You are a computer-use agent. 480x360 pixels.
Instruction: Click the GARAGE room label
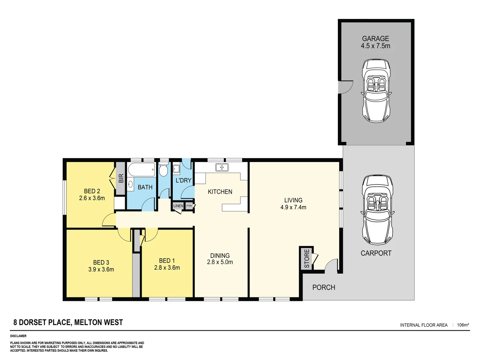click(x=375, y=39)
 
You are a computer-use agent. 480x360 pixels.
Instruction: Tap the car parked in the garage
click(x=376, y=91)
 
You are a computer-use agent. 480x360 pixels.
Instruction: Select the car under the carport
click(x=377, y=210)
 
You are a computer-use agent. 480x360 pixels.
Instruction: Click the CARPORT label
click(x=376, y=253)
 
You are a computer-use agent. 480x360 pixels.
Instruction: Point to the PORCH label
click(x=324, y=287)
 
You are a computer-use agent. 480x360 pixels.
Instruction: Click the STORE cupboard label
click(x=307, y=258)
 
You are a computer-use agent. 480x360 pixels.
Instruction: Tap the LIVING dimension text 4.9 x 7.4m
click(x=293, y=207)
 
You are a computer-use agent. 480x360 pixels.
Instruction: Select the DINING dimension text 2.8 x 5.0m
click(x=220, y=262)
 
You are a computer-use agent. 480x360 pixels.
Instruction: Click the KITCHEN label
click(x=220, y=192)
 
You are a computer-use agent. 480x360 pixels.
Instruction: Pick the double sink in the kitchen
click(x=222, y=167)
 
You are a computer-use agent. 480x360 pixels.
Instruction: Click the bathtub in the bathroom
click(x=142, y=170)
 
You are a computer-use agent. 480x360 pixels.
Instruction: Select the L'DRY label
click(x=183, y=180)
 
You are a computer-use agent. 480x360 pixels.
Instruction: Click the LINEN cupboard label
click(x=178, y=206)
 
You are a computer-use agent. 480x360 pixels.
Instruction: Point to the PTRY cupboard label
click(x=189, y=206)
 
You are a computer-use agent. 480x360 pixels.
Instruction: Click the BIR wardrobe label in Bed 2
click(x=121, y=178)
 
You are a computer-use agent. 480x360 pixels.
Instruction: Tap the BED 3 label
click(x=101, y=262)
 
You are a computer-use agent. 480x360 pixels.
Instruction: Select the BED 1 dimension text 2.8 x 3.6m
click(x=167, y=268)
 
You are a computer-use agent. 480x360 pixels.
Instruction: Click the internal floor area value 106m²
click(x=463, y=325)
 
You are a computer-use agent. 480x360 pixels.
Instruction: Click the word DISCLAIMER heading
click(x=18, y=336)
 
